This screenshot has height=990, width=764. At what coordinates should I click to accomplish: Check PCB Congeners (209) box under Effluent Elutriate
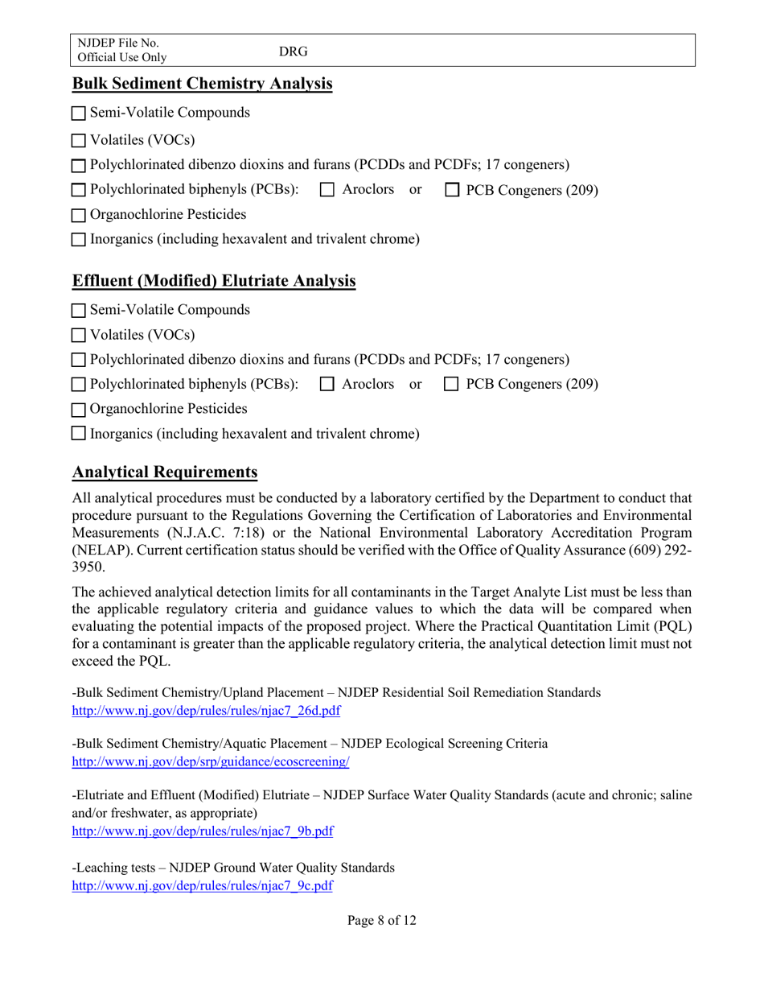(x=452, y=385)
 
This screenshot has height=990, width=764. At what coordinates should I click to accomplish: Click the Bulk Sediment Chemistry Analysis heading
(x=202, y=84)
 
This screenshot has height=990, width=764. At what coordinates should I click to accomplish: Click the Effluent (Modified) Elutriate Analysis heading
(x=214, y=281)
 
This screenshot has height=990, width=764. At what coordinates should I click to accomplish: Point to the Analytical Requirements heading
(x=165, y=472)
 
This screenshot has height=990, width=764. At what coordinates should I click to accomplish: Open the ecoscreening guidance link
(x=211, y=761)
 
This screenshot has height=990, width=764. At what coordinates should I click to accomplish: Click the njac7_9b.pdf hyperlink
(x=203, y=831)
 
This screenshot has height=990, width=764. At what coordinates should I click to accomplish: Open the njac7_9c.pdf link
(x=203, y=885)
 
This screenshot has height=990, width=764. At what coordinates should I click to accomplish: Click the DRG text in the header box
(x=294, y=51)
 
